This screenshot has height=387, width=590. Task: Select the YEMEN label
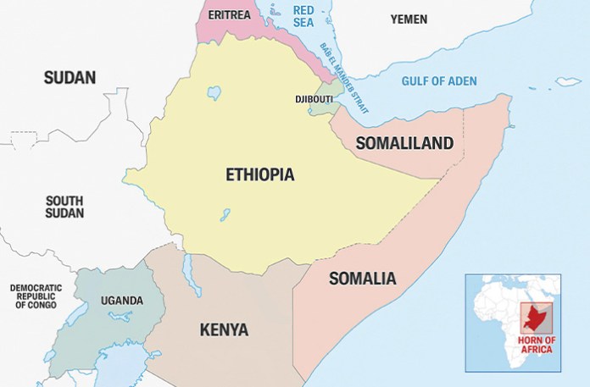pyautogui.click(x=409, y=19)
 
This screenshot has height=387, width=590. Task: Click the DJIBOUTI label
pyautogui.click(x=313, y=98)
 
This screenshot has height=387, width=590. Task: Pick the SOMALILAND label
pyautogui.click(x=404, y=143)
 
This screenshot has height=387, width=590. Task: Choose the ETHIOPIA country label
pyautogui.click(x=259, y=175)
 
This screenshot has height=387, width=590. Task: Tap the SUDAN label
pyautogui.click(x=70, y=78)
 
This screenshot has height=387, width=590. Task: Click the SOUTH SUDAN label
pyautogui.click(x=64, y=207)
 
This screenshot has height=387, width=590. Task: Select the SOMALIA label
pyautogui.click(x=362, y=278)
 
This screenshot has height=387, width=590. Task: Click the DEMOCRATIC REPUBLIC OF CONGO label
pyautogui.click(x=36, y=296)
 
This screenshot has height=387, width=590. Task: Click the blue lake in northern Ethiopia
pyautogui.click(x=214, y=91)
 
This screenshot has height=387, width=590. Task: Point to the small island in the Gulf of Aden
pyautogui.click(x=568, y=82)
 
